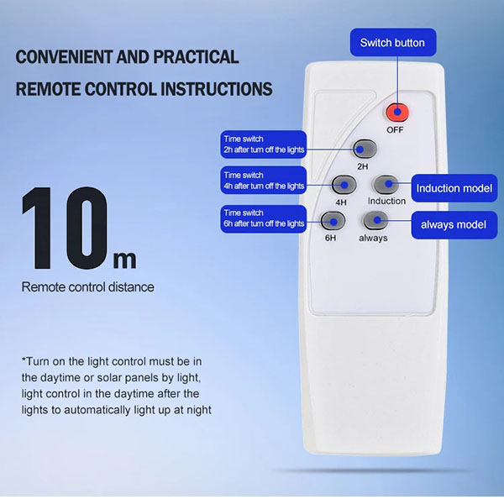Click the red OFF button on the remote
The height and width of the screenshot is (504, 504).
pyautogui.click(x=397, y=113)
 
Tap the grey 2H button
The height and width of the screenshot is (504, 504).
pyautogui.click(x=365, y=149)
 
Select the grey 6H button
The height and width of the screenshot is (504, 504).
pyautogui.click(x=333, y=221)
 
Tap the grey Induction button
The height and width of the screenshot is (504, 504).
pyautogui.click(x=386, y=185)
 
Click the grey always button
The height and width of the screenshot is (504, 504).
pyautogui.click(x=375, y=220)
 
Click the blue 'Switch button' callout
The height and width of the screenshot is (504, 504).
pyautogui.click(x=393, y=43)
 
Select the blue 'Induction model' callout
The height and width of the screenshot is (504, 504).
pyautogui.click(x=454, y=188)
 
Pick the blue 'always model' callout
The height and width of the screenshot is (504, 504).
pyautogui.click(x=454, y=224)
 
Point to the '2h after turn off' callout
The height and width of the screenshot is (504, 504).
pyautogui.click(x=264, y=144)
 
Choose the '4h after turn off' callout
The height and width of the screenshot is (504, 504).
pyautogui.click(x=264, y=181)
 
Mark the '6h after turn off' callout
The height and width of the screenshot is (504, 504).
pyautogui.click(x=264, y=218)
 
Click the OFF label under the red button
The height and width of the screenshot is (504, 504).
pyautogui.click(x=395, y=130)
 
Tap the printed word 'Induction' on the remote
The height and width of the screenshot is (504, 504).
pyautogui.click(x=386, y=201)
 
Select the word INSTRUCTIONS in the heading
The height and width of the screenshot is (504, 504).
pyautogui.click(x=217, y=89)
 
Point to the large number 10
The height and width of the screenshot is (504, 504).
pyautogui.click(x=65, y=228)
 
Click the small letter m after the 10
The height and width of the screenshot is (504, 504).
pyautogui.click(x=124, y=260)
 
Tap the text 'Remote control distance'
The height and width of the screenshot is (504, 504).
pyautogui.click(x=87, y=287)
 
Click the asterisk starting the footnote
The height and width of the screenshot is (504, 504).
pyautogui.click(x=24, y=359)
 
